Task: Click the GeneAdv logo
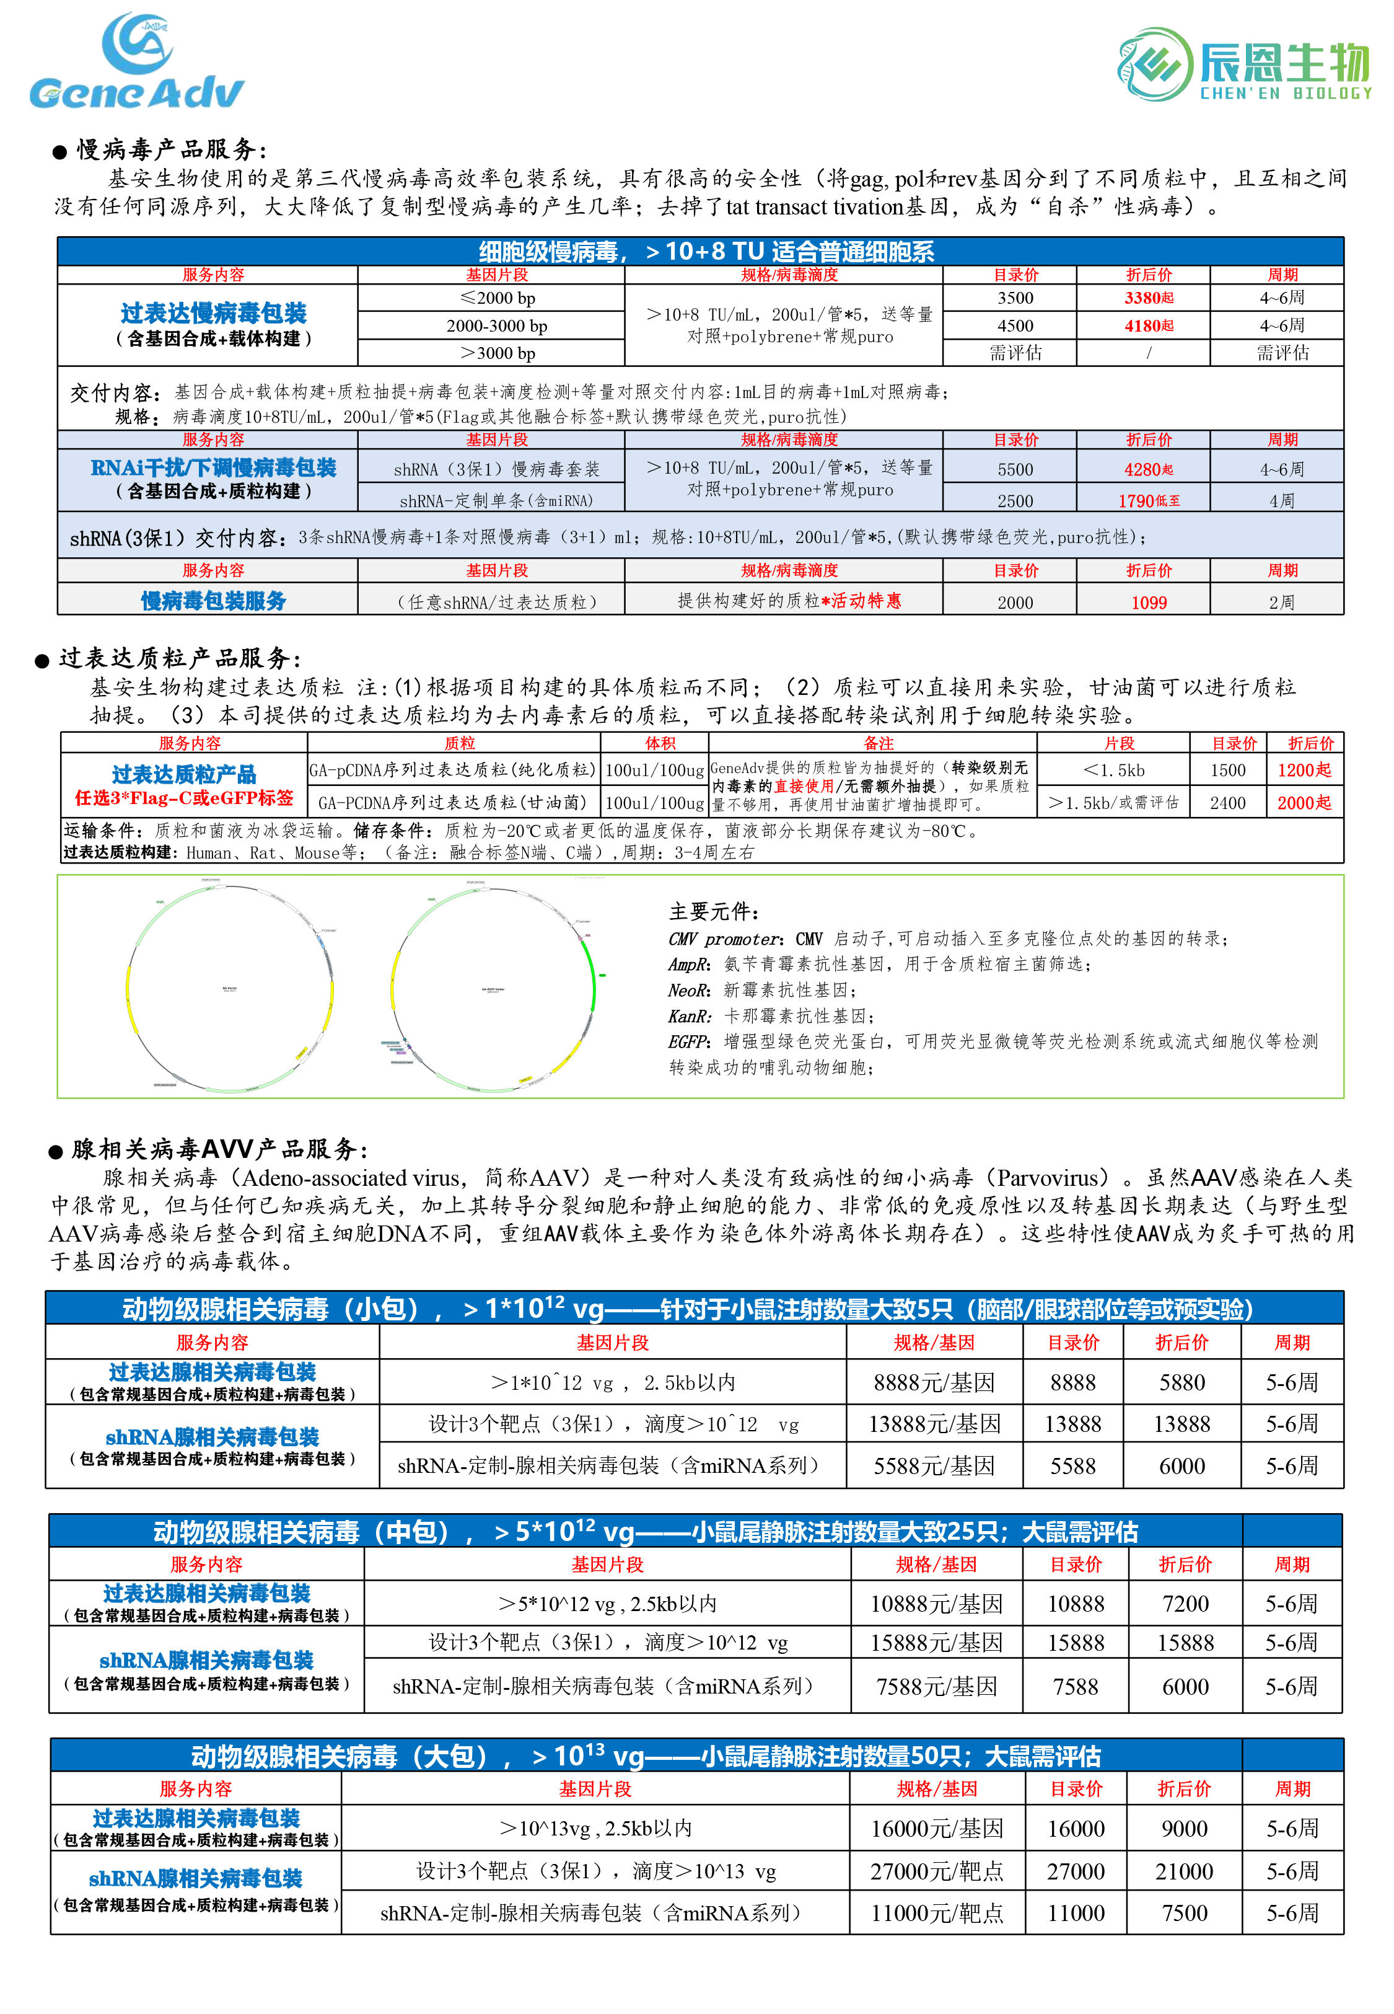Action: click(x=136, y=61)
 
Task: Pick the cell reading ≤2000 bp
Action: click(x=497, y=298)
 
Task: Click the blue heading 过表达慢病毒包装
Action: click(x=213, y=313)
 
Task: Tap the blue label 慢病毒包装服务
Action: click(x=213, y=601)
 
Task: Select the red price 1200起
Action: click(x=1303, y=770)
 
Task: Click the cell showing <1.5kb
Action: click(x=1113, y=770)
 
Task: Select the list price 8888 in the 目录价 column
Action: click(x=1072, y=1382)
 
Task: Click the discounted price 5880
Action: click(x=1181, y=1382)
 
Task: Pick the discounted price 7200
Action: click(x=1185, y=1604)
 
